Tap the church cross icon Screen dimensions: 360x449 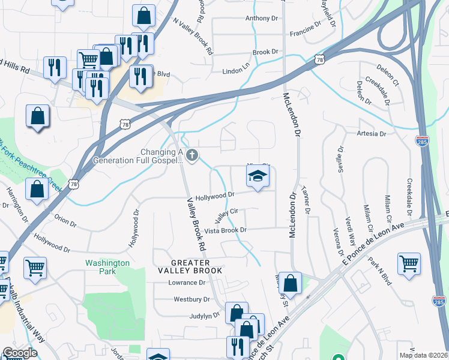click(192, 156)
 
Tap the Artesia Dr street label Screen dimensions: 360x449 click(371, 133)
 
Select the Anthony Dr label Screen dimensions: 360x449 click(262, 19)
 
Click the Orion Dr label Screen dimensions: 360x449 click(65, 221)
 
